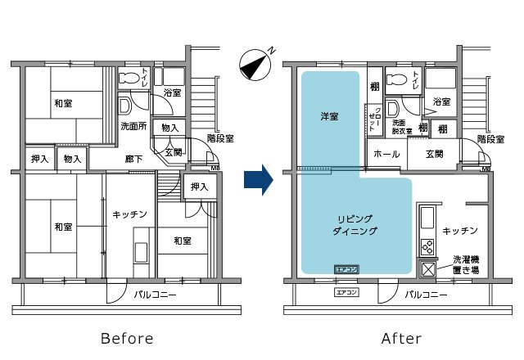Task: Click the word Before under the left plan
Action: (x=126, y=338)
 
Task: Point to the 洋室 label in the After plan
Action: (x=330, y=118)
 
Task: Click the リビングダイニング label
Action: (x=356, y=225)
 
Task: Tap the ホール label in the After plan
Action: (x=386, y=154)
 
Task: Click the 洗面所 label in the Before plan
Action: (x=133, y=128)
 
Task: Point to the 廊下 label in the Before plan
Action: (x=134, y=158)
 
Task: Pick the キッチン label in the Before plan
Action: (x=130, y=214)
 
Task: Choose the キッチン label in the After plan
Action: (x=459, y=231)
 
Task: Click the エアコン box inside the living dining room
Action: (x=344, y=268)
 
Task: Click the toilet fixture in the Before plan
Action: (x=131, y=79)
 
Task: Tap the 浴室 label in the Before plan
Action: (x=172, y=92)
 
